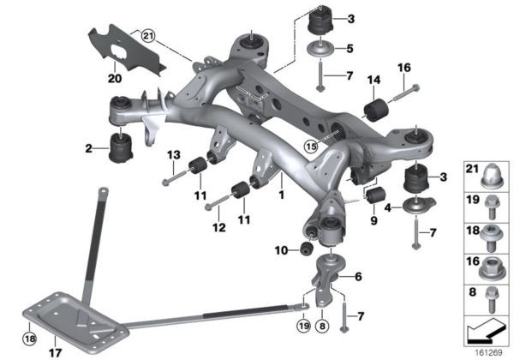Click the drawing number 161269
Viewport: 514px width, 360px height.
coord(489,351)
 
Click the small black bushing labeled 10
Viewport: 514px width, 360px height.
coord(303,249)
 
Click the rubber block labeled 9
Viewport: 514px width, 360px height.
coord(374,198)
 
